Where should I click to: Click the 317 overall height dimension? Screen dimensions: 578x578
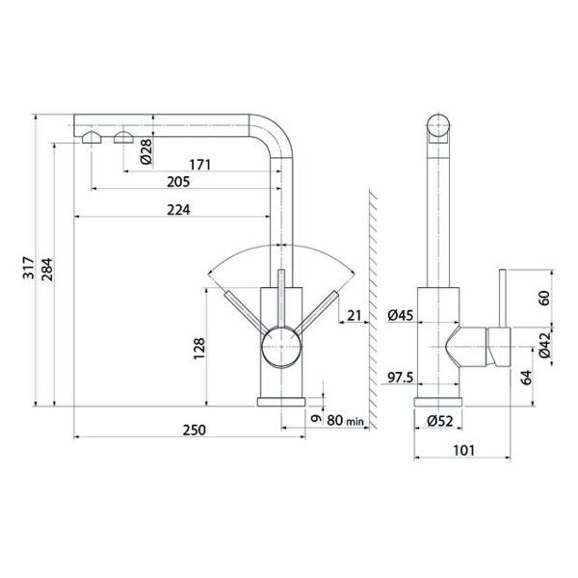tap(29, 268)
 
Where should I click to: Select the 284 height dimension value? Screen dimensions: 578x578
tap(47, 270)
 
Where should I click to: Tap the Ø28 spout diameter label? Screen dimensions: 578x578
tap(146, 151)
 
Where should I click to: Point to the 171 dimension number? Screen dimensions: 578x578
tap(199, 165)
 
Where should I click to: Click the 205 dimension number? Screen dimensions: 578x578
tap(178, 182)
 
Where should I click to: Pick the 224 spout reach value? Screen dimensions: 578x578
tap(178, 210)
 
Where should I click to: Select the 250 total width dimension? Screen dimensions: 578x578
tap(195, 430)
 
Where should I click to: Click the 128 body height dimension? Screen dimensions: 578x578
tap(199, 349)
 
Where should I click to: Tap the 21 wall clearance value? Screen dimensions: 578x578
tap(355, 316)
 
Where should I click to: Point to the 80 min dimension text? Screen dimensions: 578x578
tap(346, 420)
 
